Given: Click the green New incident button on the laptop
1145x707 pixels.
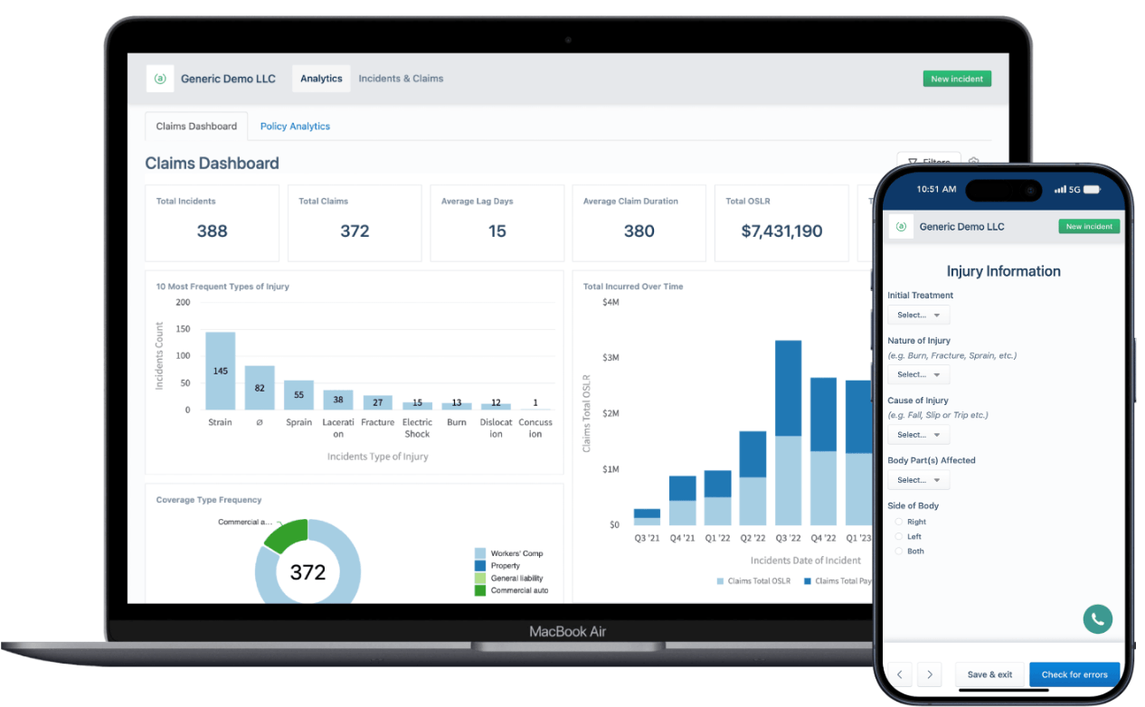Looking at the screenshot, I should [x=957, y=79].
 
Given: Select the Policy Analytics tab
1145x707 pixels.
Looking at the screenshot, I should [x=295, y=127].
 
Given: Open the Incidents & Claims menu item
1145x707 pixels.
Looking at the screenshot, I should [x=401, y=79].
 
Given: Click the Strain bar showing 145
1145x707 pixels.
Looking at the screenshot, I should [x=220, y=372].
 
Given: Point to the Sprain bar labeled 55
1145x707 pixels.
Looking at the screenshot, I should [x=298, y=395].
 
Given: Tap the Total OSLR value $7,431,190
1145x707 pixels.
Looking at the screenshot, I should [x=781, y=231].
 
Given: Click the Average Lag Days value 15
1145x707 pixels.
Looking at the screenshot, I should [x=497, y=231].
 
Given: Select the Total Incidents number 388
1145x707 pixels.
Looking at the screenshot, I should [x=212, y=231].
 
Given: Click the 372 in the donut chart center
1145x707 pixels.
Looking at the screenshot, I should [x=308, y=572].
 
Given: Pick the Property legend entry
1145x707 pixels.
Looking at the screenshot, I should [x=505, y=566].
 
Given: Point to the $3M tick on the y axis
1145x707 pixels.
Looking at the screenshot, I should [x=610, y=358].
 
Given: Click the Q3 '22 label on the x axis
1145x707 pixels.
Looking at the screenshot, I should [x=788, y=538].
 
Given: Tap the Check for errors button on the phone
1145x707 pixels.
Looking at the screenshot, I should [x=1074, y=674].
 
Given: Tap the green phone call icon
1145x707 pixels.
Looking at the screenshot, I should [x=1097, y=619].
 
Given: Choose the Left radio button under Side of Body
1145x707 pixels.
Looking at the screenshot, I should [x=899, y=537].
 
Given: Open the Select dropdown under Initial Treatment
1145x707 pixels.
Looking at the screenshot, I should [x=918, y=316].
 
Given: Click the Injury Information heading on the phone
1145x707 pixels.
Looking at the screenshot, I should [x=1003, y=271].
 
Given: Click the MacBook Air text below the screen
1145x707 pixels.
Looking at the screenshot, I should [x=567, y=631].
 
